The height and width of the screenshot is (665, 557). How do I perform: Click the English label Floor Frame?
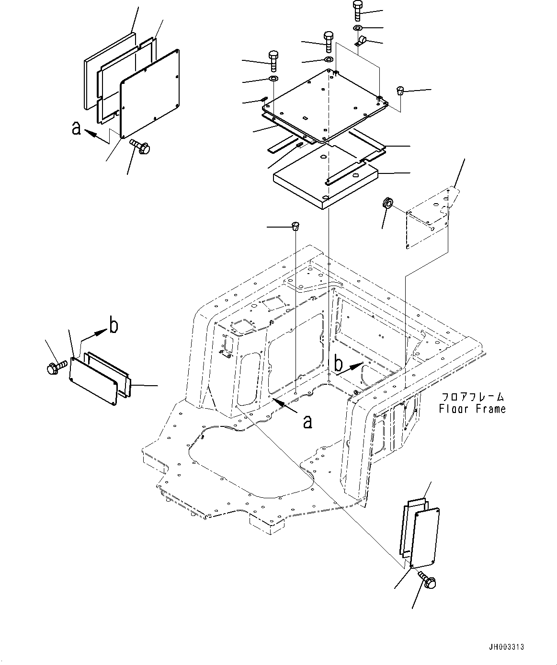[x=472, y=409]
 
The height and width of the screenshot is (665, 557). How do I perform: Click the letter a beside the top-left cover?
[x=76, y=128]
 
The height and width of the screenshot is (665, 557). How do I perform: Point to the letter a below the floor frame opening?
[x=307, y=422]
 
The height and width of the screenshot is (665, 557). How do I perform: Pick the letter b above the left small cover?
[x=114, y=324]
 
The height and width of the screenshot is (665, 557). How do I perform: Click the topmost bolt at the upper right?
[x=357, y=11]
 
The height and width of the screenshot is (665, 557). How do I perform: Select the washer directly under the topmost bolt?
[x=357, y=28]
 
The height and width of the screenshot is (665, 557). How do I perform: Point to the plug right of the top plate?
[x=400, y=91]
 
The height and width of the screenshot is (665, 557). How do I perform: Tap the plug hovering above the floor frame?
[x=296, y=227]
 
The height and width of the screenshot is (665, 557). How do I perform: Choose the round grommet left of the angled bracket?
[x=387, y=203]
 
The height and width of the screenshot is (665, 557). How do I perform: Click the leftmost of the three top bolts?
[x=274, y=61]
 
